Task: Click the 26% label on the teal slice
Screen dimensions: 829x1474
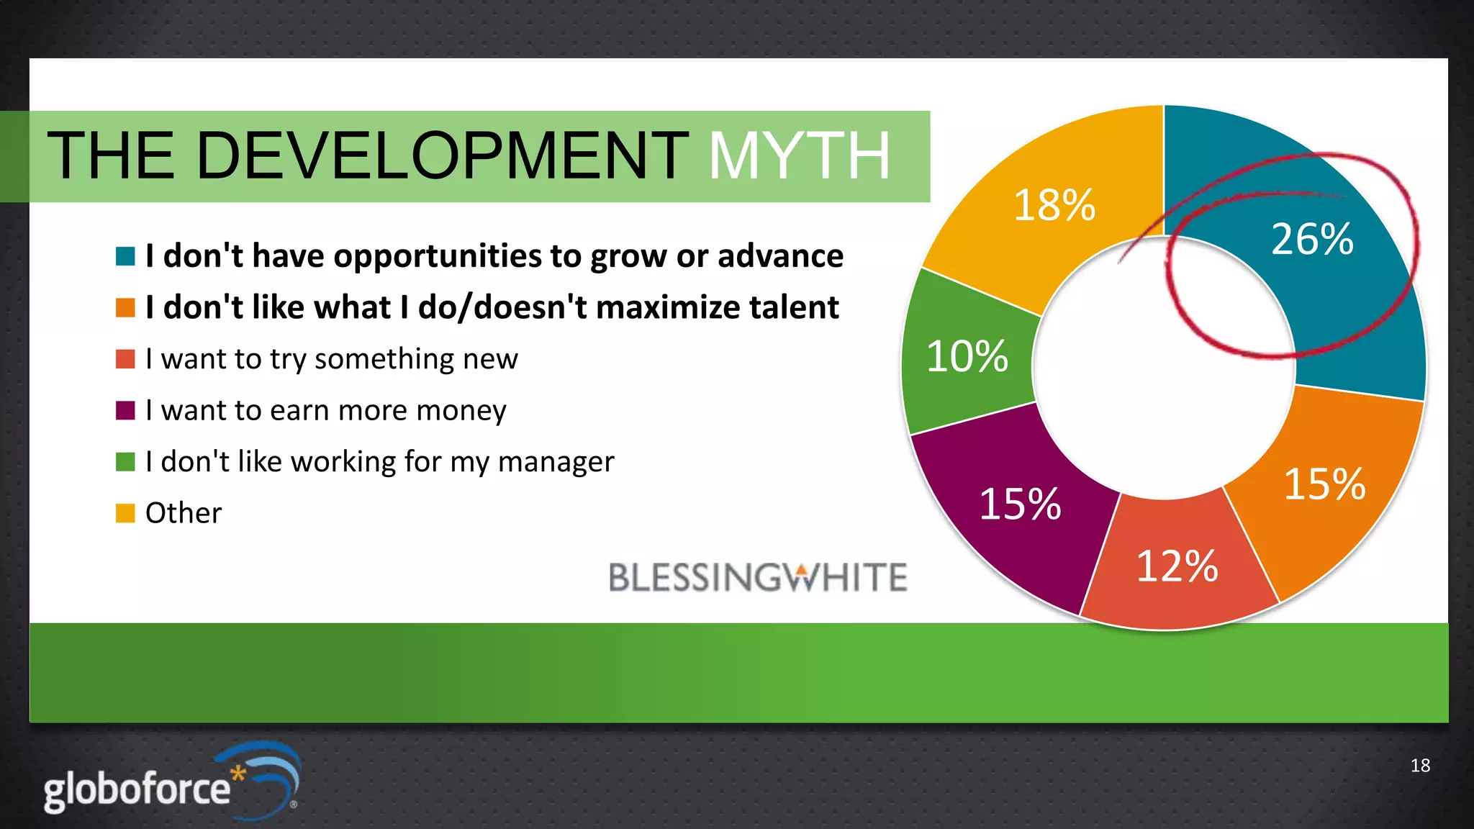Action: [x=1312, y=239]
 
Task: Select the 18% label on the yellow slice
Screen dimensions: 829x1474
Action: [x=1054, y=205]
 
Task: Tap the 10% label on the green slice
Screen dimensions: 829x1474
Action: [x=967, y=356]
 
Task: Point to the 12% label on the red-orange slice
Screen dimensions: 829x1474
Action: [x=1177, y=566]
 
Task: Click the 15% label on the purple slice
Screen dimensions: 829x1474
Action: [x=1020, y=504]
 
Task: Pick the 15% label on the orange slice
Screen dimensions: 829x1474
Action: [x=1324, y=484]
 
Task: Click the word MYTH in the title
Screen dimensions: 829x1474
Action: [x=800, y=155]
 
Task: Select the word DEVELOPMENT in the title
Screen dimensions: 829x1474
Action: [x=441, y=155]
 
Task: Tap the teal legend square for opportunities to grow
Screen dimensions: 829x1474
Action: [x=125, y=256]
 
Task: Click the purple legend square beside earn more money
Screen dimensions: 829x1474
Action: [x=125, y=410]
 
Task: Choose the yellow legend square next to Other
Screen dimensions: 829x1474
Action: [x=125, y=513]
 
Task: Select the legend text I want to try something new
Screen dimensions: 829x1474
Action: [x=331, y=359]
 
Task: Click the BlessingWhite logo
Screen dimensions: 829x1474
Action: [x=757, y=578]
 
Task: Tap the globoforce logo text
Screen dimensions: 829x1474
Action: [x=137, y=790]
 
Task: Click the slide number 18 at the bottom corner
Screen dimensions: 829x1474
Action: [x=1419, y=766]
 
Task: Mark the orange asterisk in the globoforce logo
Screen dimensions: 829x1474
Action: [x=238, y=774]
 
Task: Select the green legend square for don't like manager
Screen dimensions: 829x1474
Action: [x=125, y=462]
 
